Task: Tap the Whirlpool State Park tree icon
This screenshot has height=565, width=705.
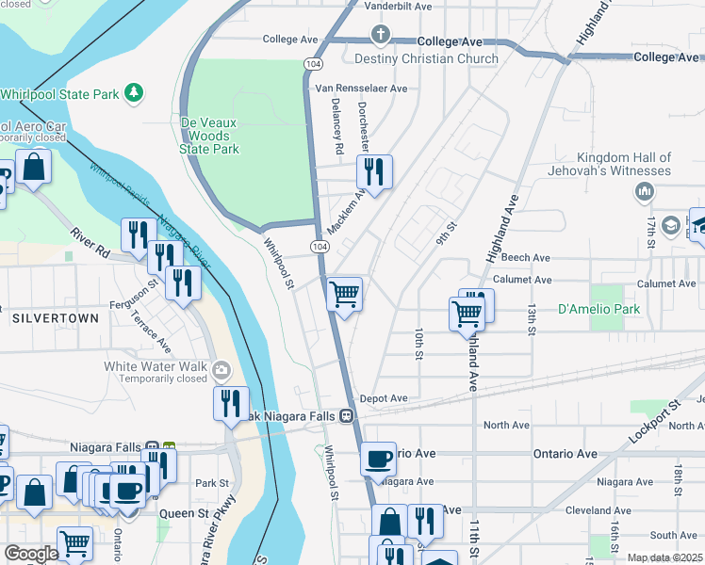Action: [x=135, y=92]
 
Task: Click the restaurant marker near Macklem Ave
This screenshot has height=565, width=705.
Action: [x=374, y=171]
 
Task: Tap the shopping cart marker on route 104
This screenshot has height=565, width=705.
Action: [x=345, y=294]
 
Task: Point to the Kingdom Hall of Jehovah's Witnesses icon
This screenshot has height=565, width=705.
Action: [x=645, y=192]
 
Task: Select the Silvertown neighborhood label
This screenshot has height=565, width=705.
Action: [x=56, y=318]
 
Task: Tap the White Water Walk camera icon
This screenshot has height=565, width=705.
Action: [x=221, y=367]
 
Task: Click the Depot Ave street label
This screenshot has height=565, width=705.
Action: [x=383, y=398]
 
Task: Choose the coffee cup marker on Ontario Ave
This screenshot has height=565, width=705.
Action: [x=378, y=459]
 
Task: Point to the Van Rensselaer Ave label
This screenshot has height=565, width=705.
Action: [x=361, y=89]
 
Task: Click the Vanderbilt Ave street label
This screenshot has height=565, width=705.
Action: [x=398, y=6]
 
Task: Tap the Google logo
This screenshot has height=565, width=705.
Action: [x=31, y=554]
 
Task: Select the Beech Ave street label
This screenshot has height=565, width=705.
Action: [x=525, y=257]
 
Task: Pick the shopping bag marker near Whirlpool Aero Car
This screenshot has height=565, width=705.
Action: [x=33, y=167]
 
